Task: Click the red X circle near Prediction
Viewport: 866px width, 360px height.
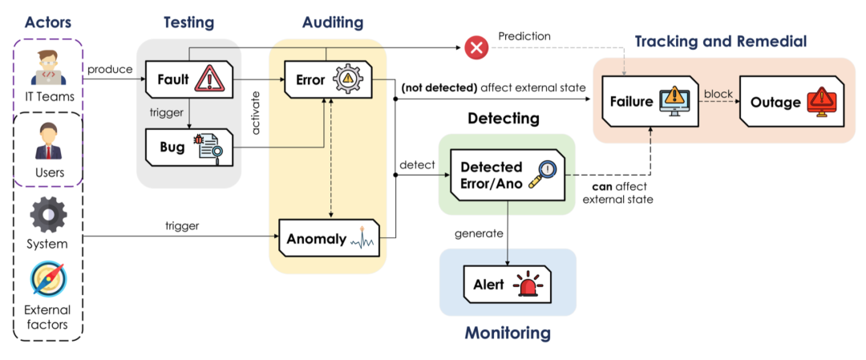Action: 477,48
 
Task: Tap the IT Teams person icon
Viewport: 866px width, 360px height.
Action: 48,69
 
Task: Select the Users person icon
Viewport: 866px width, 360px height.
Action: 48,143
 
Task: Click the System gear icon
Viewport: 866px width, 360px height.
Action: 48,215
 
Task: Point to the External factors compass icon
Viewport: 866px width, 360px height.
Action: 48,281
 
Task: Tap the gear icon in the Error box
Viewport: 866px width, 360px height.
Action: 350,79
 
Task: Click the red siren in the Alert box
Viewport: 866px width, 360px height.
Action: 528,285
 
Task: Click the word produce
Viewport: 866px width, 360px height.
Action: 110,70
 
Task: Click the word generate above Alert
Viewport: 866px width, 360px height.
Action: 480,234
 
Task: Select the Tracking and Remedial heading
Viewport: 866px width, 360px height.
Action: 721,41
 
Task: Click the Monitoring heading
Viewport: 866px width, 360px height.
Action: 507,332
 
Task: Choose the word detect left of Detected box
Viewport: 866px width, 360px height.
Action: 417,165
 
